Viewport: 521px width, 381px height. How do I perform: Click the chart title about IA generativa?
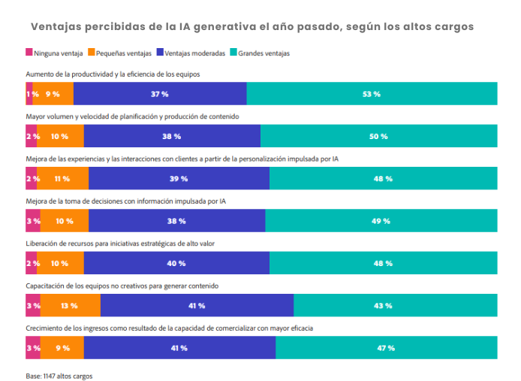click(x=252, y=26)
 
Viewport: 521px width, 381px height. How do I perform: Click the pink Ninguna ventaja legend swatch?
click(x=29, y=53)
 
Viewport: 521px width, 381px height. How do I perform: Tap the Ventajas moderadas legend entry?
click(x=194, y=53)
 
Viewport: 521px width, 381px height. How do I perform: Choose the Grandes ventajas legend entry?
click(x=264, y=53)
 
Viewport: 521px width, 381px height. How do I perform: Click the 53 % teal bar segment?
click(x=372, y=94)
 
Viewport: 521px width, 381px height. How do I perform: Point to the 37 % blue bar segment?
click(x=160, y=94)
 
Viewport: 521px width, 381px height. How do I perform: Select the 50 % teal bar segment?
click(x=378, y=136)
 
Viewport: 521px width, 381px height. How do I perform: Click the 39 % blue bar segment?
click(x=179, y=179)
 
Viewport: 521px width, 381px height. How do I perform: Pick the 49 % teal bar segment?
click(x=381, y=221)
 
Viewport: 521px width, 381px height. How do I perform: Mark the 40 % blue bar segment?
click(x=176, y=263)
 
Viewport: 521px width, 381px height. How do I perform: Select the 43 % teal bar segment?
click(x=395, y=306)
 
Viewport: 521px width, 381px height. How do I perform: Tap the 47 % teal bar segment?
click(x=386, y=348)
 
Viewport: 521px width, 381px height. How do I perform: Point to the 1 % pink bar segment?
click(x=29, y=94)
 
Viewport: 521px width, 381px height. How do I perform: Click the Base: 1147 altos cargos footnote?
click(x=59, y=374)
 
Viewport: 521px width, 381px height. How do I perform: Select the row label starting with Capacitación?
click(x=121, y=286)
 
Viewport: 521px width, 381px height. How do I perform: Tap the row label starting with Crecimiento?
click(x=169, y=328)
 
